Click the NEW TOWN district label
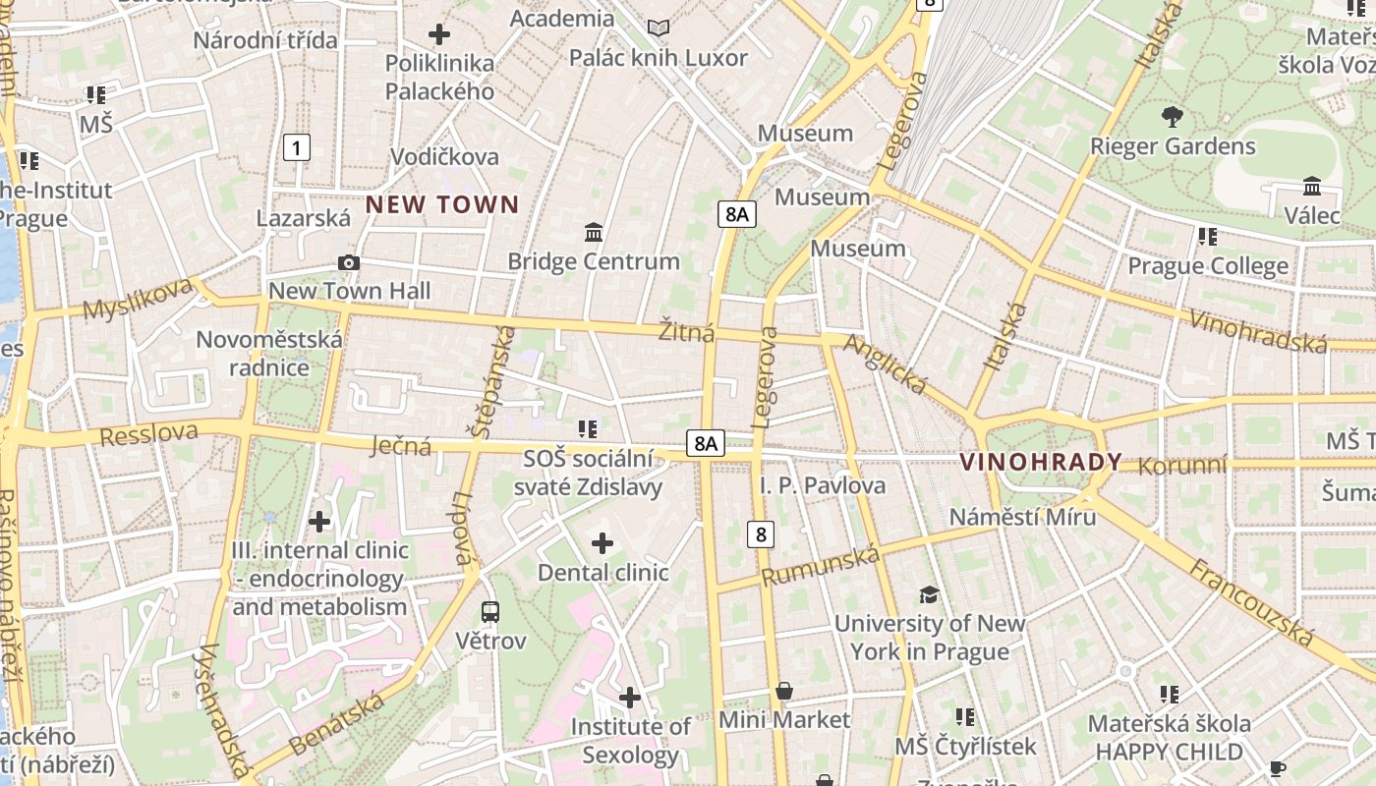(442, 204)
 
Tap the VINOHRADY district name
(1041, 462)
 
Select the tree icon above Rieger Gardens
(1172, 117)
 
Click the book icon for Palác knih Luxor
(659, 28)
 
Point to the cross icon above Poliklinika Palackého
(439, 34)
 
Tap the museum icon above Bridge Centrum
(594, 233)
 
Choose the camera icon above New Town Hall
(349, 262)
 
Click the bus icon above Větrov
(490, 611)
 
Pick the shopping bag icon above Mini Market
(784, 691)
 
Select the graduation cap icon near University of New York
(929, 593)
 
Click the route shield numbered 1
(296, 147)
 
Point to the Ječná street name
(402, 446)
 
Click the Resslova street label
(148, 433)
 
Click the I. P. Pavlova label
(823, 485)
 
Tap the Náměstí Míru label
(1022, 517)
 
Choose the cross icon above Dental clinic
(602, 543)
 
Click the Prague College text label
(1207, 266)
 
